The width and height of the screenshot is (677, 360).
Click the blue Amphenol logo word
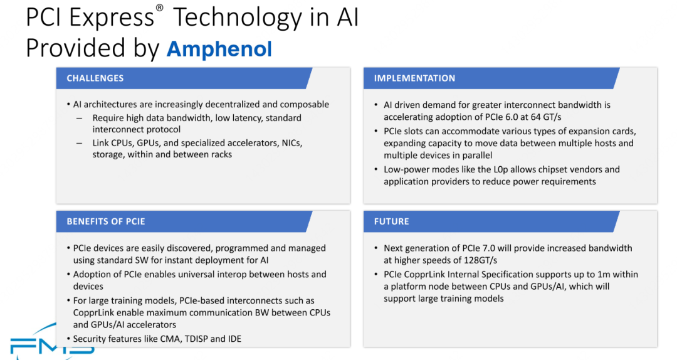coord(219,48)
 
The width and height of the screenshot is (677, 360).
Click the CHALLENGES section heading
coord(95,78)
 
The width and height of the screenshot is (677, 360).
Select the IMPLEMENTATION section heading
coord(414,78)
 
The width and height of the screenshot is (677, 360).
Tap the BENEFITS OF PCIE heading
coord(106,221)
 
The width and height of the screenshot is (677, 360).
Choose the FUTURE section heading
coord(391,221)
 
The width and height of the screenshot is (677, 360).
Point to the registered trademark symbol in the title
coord(159,8)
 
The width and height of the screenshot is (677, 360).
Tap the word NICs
coord(291,143)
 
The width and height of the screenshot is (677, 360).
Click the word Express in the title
coord(112,18)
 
